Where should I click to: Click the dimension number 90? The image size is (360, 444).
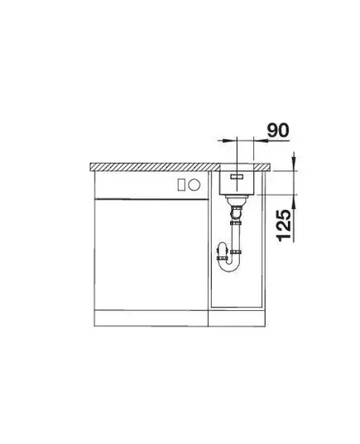click(278, 131)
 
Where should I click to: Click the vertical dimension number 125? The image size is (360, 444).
click(284, 226)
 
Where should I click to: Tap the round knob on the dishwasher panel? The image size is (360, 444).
click(194, 185)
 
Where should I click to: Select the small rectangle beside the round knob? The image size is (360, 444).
click(182, 185)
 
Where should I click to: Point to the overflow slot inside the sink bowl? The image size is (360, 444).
click(237, 177)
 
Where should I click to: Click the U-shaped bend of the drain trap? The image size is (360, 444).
click(229, 265)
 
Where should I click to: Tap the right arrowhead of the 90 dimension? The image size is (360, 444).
click(261, 141)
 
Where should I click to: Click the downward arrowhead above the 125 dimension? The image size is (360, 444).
click(294, 161)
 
